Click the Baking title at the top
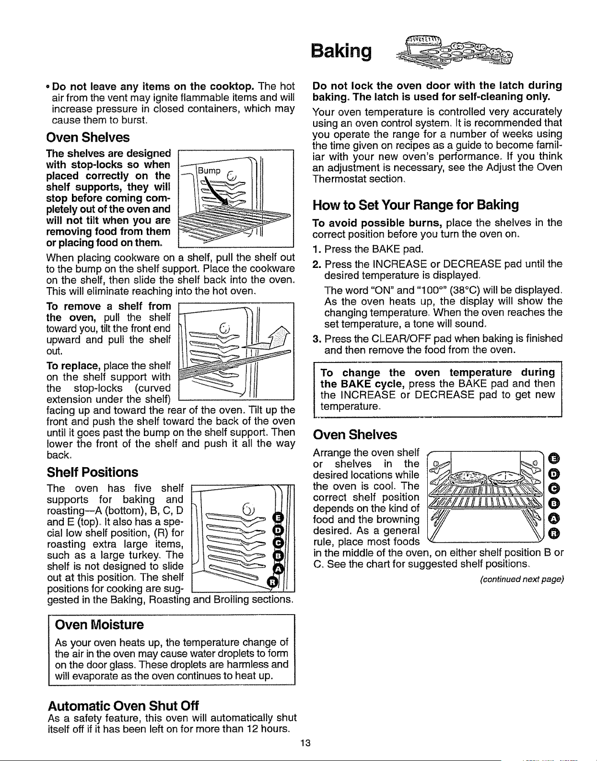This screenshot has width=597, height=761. [x=341, y=51]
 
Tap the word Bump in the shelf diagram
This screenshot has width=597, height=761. [x=209, y=170]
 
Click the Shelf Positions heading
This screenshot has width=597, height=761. [x=93, y=472]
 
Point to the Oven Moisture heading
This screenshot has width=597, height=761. [x=99, y=625]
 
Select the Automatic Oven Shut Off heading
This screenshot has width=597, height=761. [x=123, y=705]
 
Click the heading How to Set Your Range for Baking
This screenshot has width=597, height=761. [x=415, y=205]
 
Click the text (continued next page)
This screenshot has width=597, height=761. [x=522, y=580]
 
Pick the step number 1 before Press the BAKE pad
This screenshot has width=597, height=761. [x=316, y=249]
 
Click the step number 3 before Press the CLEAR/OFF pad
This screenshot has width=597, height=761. [x=316, y=338]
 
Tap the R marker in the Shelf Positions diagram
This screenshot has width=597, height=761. [x=272, y=582]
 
